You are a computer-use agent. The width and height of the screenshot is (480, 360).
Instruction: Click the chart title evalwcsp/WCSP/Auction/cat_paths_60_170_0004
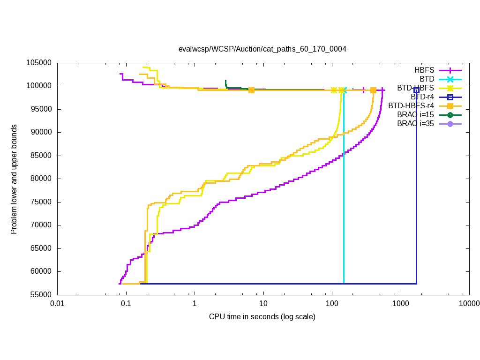pyautogui.click(x=262, y=49)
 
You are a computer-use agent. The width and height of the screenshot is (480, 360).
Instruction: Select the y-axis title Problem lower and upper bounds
pyautogui.click(x=14, y=179)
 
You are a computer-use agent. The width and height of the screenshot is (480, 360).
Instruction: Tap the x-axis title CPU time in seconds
pyautogui.click(x=262, y=317)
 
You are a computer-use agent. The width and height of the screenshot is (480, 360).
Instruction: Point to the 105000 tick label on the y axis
pyautogui.click(x=39, y=63)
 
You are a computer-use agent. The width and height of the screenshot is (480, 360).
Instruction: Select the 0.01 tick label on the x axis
pyautogui.click(x=57, y=304)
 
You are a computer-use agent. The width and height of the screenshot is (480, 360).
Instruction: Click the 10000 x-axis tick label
pyautogui.click(x=469, y=304)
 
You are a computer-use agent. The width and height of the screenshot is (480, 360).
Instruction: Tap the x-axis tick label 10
pyautogui.click(x=263, y=304)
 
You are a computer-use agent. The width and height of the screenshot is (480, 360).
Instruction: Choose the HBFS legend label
pyautogui.click(x=424, y=70)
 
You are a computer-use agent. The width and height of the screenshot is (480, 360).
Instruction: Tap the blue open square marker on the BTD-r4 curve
pyautogui.click(x=416, y=90)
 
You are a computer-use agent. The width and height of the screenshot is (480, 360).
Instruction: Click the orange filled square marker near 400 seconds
pyautogui.click(x=374, y=90)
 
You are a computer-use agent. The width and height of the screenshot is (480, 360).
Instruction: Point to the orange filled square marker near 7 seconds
pyautogui.click(x=252, y=90)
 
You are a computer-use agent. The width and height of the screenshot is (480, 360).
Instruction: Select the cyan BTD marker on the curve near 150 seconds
pyautogui.click(x=344, y=90)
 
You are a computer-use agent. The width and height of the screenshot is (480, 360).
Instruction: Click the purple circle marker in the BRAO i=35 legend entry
pyautogui.click(x=450, y=124)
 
